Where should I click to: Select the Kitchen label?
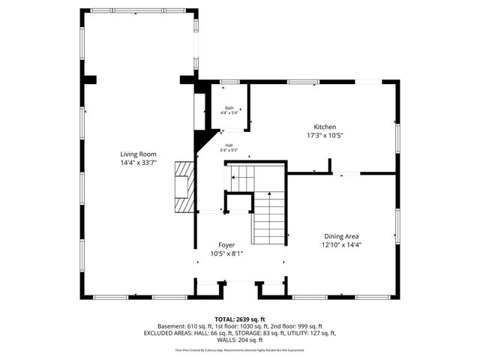(324, 127)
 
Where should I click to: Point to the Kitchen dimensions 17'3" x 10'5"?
(324, 135)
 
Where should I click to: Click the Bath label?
(229, 108)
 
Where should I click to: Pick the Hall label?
(229, 145)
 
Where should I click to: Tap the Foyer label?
(226, 245)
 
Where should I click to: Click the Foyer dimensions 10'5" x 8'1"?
(226, 253)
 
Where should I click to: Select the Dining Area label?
(341, 236)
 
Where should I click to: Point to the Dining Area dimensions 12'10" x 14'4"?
(341, 244)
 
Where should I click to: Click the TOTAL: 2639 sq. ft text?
(240, 319)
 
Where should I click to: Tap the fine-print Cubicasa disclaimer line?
(240, 349)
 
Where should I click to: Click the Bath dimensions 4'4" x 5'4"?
(229, 113)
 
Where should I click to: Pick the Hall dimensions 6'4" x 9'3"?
(229, 150)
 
